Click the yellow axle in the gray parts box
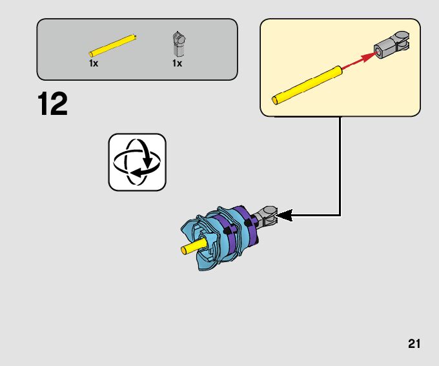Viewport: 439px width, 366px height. (x=113, y=46)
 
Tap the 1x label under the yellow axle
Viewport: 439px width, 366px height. (x=94, y=64)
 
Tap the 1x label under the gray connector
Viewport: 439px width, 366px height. (x=176, y=64)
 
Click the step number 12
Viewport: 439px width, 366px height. (x=52, y=105)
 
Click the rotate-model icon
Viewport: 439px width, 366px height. (x=137, y=162)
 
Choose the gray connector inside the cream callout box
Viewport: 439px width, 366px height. (x=392, y=46)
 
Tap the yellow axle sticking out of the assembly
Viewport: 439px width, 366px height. (x=193, y=247)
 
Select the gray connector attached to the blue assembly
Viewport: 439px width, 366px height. (x=267, y=216)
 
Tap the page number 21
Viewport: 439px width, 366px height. (x=414, y=343)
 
